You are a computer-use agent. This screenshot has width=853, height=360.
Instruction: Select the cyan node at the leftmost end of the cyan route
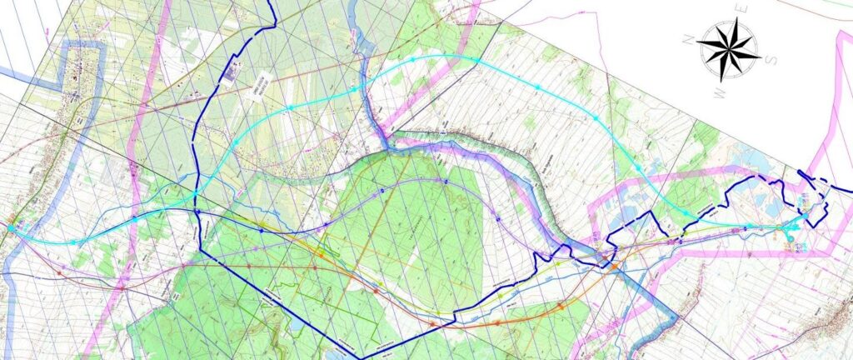(x=11, y=226)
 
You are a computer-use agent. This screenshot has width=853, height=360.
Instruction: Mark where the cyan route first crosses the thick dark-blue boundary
(x=195, y=195)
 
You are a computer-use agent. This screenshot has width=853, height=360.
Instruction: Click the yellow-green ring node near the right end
(x=778, y=227)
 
